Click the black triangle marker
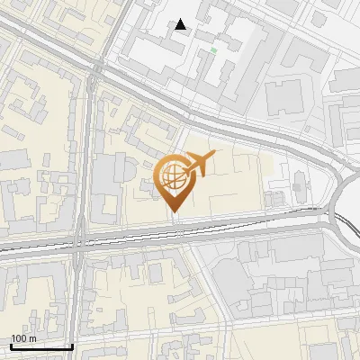(181, 24)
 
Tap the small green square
(213, 50)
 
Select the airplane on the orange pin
(200, 164)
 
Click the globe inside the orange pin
(172, 176)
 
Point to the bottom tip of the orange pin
(173, 212)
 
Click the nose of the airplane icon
(214, 155)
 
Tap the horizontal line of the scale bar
(41, 346)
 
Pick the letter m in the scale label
(32, 339)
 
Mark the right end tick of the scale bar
(72, 345)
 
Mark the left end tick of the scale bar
(11, 345)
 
